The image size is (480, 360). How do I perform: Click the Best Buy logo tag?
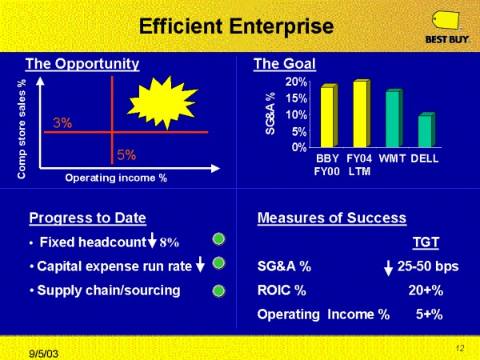446,21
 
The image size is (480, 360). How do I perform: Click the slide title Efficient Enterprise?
236,26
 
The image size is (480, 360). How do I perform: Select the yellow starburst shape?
162,102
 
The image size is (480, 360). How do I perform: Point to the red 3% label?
62,123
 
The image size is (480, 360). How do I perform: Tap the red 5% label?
126,155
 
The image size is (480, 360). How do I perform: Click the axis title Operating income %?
116,178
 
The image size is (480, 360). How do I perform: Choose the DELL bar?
426,130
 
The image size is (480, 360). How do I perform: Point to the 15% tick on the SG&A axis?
296,98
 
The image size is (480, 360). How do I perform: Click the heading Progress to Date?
87,218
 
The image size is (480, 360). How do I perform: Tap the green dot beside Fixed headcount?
218,239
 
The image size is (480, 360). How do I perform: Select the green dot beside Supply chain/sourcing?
218,291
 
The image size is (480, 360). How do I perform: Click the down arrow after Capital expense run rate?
200,264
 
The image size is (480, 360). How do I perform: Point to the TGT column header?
426,242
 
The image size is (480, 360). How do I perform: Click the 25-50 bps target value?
428,266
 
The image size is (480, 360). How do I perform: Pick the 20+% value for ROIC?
426,290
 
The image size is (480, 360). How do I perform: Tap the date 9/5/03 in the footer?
43,354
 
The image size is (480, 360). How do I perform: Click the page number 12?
460,348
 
